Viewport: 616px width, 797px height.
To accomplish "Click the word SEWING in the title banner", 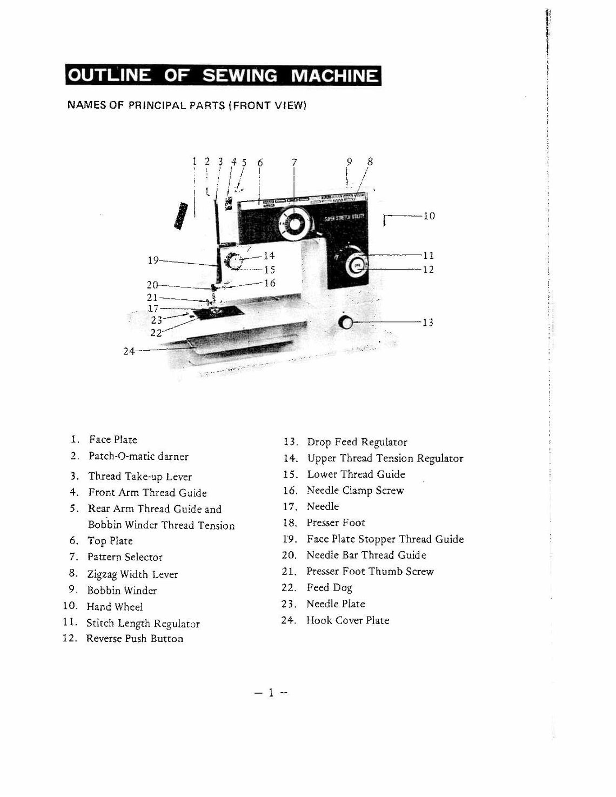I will tap(239, 76).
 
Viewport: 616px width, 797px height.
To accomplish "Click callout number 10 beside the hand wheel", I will tap(429, 216).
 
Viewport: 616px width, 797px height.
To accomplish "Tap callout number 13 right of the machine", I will tap(428, 323).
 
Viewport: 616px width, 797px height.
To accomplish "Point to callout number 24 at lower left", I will tap(129, 351).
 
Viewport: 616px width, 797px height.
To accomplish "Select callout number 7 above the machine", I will tap(294, 162).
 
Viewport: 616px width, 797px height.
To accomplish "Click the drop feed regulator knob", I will tap(345, 323).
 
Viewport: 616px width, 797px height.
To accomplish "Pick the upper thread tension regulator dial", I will tap(235, 262).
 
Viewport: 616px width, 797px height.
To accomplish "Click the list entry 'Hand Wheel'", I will tap(115, 607).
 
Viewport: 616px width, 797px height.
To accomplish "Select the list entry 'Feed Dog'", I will tap(329, 587).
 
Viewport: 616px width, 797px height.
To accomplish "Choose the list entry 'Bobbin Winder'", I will tap(122, 591).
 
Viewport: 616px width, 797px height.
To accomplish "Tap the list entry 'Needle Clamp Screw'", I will tap(355, 491).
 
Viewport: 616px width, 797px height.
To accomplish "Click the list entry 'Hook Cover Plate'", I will tap(347, 620).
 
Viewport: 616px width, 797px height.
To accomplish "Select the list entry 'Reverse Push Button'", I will tap(135, 639).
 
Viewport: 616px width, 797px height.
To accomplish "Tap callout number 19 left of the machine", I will tap(153, 260).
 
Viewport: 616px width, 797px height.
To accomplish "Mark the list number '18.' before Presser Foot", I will tap(290, 523).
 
